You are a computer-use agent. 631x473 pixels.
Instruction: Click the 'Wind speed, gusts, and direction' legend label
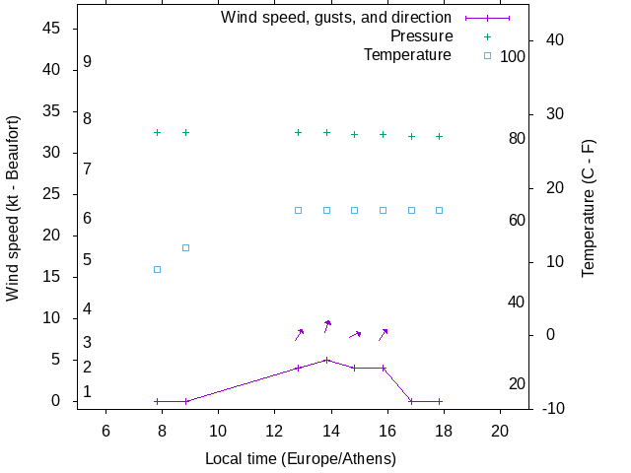click(336, 18)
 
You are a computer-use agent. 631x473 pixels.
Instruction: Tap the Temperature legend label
click(407, 55)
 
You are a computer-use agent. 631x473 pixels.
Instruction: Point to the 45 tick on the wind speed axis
click(53, 29)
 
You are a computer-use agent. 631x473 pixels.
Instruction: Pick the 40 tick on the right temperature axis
click(554, 40)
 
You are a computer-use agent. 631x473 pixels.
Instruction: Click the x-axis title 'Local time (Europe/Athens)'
click(301, 459)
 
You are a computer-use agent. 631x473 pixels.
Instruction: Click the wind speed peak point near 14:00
click(326, 360)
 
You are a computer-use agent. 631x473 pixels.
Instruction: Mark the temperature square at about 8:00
click(157, 269)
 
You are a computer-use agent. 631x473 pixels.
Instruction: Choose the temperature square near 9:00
click(185, 247)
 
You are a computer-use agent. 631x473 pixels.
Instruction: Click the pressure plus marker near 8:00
click(157, 132)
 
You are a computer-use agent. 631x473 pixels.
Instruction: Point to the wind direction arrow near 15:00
click(355, 335)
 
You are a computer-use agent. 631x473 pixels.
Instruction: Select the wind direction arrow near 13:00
click(299, 335)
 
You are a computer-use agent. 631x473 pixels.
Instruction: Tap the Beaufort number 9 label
click(88, 62)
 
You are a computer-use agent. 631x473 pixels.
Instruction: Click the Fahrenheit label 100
click(513, 57)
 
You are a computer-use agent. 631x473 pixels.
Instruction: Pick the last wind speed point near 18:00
click(440, 401)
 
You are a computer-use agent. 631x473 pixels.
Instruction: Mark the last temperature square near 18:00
click(440, 210)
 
